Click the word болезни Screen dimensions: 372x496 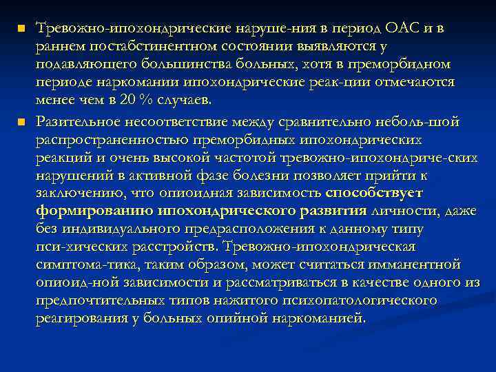tap(251, 175)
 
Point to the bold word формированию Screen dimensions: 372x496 tap(94, 211)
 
